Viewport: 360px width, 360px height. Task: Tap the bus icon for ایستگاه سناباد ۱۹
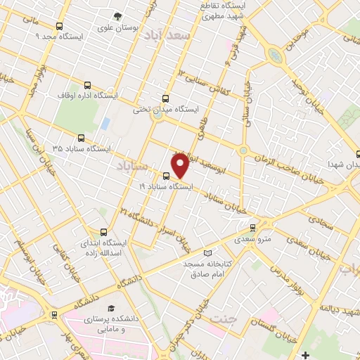(166, 176)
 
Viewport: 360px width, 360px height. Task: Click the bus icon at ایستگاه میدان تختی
(166, 98)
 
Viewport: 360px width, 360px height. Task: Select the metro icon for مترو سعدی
(253, 227)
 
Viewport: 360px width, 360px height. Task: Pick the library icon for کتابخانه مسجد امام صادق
(206, 253)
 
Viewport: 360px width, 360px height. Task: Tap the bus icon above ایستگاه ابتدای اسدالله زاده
(103, 231)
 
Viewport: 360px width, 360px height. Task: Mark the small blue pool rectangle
(105, 124)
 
